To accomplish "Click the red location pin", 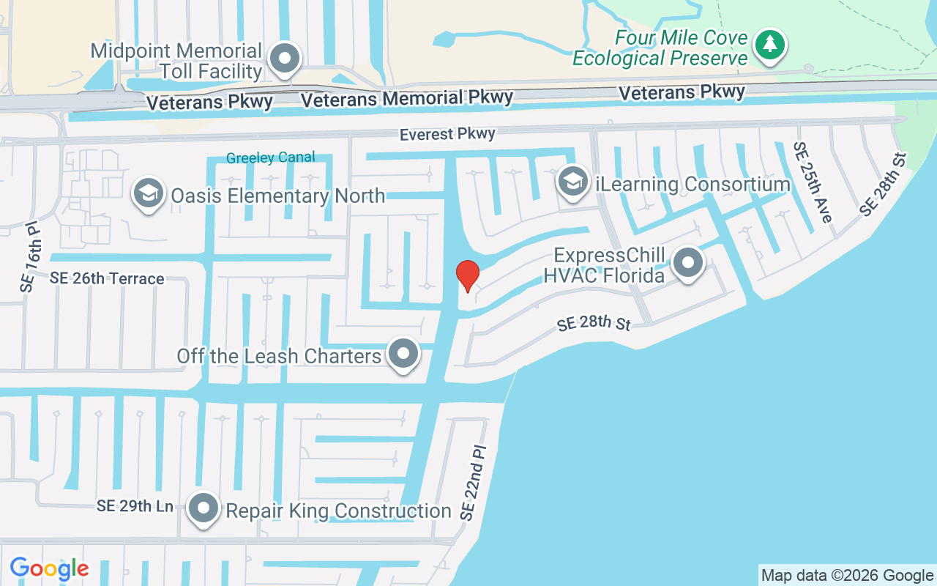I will tap(467, 275).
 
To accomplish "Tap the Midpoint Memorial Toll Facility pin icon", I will tap(284, 59).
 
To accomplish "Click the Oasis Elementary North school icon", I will tap(149, 194).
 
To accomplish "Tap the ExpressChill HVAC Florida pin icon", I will tap(687, 263).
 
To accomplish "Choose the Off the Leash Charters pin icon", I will tap(403, 355).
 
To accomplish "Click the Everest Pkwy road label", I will tap(447, 134).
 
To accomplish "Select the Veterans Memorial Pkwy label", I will tap(407, 98).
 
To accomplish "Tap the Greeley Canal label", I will tap(270, 157).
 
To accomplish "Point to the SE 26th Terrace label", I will tap(107, 278).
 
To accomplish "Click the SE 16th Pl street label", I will tap(29, 256).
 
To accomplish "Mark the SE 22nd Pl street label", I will tap(473, 482).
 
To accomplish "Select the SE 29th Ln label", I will tap(135, 506).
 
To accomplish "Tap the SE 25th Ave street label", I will tap(813, 182).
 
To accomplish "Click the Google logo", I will tap(49, 568).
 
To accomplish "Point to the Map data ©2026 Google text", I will tap(847, 575).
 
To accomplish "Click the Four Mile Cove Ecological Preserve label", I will tap(660, 48).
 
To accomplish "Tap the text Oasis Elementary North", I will tap(277, 196).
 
